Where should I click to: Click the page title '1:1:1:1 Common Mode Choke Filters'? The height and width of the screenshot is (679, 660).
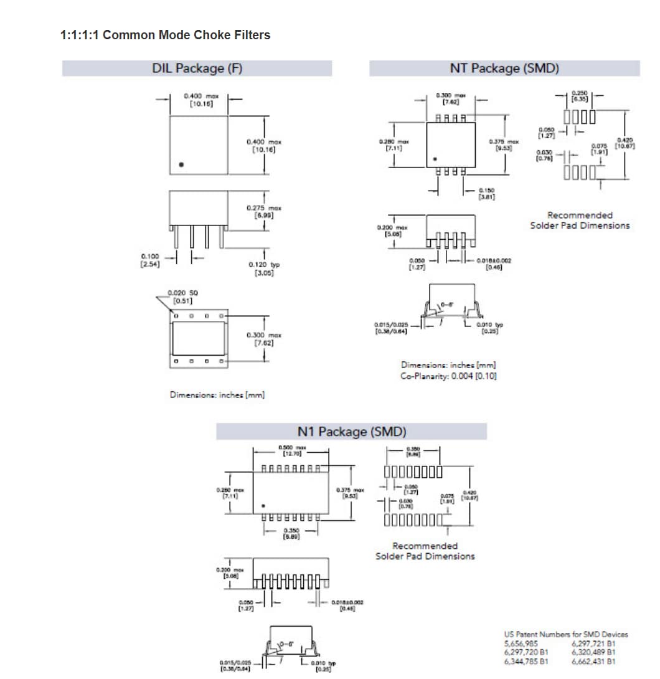(x=165, y=35)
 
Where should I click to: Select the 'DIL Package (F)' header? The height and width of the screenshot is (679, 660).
(x=197, y=69)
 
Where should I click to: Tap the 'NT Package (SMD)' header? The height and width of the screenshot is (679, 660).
(x=504, y=69)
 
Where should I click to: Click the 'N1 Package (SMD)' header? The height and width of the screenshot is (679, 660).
(x=352, y=432)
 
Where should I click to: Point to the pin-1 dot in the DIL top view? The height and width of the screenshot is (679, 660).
(x=181, y=165)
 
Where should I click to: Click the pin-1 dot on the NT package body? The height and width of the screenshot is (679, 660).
(x=435, y=158)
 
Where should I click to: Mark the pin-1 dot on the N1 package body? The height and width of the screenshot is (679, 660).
(x=263, y=505)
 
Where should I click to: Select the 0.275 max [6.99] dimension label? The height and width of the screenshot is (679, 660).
(x=263, y=211)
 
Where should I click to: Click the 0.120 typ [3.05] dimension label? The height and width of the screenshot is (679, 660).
(x=264, y=268)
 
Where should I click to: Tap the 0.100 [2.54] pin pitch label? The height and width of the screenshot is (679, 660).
(x=150, y=260)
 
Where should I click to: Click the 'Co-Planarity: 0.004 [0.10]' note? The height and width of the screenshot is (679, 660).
(x=448, y=376)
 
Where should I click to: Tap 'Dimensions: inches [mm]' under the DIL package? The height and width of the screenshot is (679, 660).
(x=217, y=395)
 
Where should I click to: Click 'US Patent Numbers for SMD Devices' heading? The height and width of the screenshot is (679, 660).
(x=565, y=634)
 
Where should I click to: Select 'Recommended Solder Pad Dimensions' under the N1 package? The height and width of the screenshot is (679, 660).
(x=425, y=551)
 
